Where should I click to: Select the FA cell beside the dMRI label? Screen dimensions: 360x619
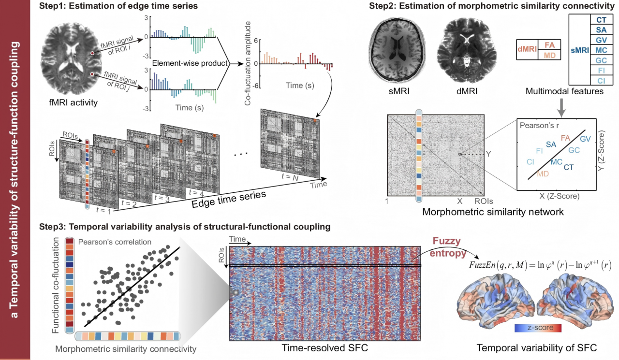click(x=549, y=45)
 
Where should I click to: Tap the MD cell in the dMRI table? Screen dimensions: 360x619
click(x=549, y=55)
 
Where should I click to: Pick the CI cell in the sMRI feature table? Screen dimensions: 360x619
click(x=602, y=80)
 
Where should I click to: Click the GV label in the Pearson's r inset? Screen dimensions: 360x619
click(x=585, y=139)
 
